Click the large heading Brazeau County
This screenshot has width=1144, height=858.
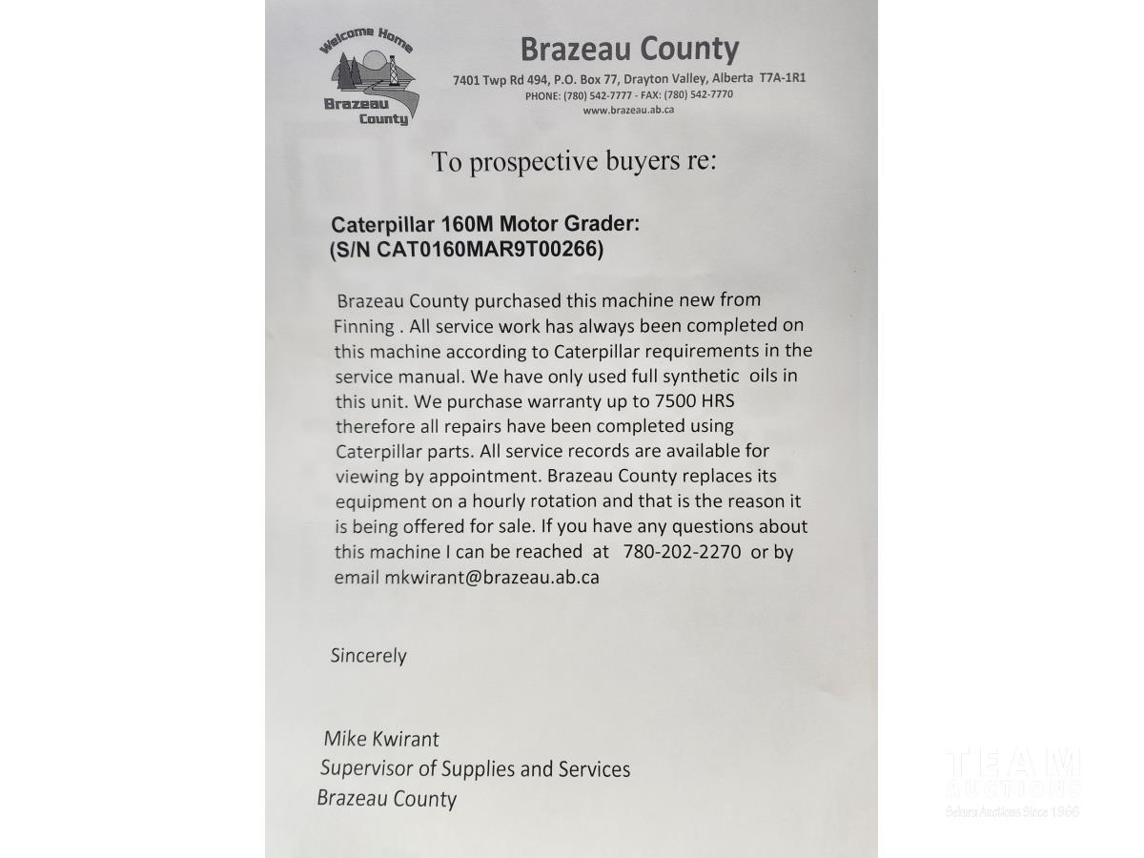(x=629, y=49)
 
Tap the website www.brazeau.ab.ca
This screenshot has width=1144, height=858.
(x=628, y=110)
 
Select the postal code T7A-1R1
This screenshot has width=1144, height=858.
(x=783, y=78)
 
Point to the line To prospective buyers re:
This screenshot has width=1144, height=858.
(x=573, y=161)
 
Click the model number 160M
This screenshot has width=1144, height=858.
(x=465, y=225)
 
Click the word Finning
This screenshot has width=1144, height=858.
(x=363, y=326)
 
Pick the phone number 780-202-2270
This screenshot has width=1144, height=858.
(x=682, y=552)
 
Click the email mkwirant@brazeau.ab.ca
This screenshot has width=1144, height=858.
(x=491, y=577)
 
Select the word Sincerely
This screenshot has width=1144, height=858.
(x=368, y=656)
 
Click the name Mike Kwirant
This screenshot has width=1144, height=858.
(x=380, y=739)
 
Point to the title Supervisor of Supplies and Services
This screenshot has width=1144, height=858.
(x=475, y=768)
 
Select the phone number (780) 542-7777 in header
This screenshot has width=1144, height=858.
(x=596, y=95)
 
